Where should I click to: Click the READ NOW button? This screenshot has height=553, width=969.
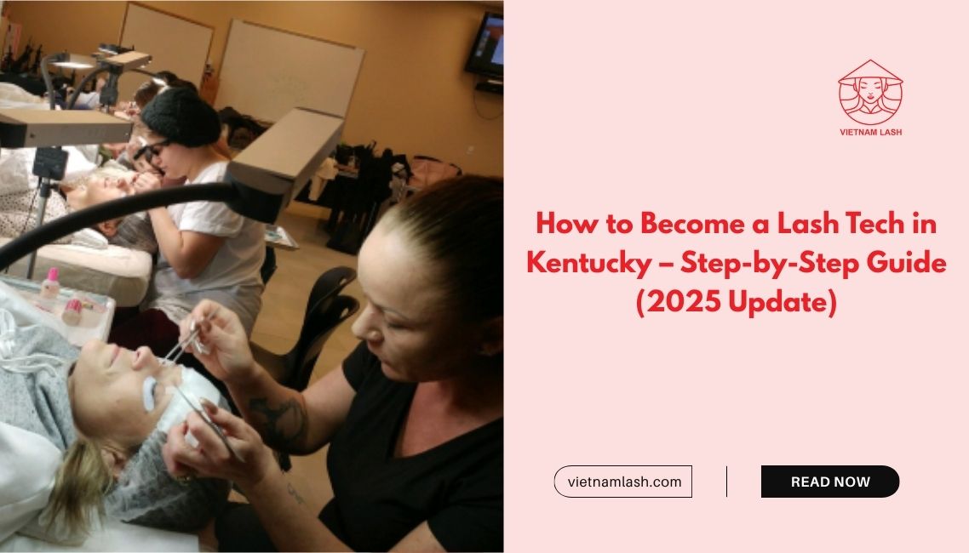click(830, 482)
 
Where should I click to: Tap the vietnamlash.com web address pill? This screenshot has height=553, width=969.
click(623, 482)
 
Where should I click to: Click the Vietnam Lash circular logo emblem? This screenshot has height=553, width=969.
click(870, 93)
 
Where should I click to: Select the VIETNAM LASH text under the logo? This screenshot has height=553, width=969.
click(870, 132)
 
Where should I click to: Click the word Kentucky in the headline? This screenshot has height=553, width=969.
click(588, 264)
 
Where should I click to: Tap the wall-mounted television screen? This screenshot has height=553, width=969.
click(485, 44)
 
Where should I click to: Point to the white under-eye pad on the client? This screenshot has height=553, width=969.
click(150, 392)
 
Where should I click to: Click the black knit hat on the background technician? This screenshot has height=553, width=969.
click(181, 117)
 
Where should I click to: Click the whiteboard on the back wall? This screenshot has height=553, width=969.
click(290, 70)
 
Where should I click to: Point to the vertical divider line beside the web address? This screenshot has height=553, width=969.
click(727, 482)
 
